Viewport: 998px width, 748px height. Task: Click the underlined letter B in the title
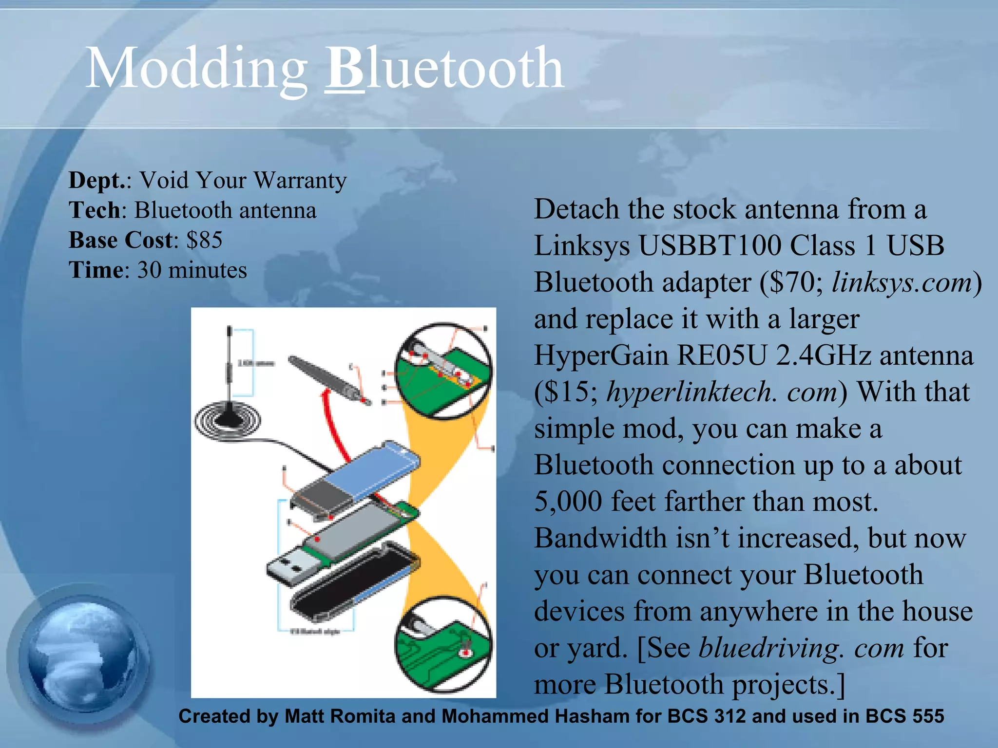click(x=344, y=68)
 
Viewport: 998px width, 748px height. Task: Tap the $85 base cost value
click(x=204, y=240)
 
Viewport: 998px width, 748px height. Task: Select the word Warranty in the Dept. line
click(x=300, y=180)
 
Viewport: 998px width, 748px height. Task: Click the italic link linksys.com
click(x=902, y=282)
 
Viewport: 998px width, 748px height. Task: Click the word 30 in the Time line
click(x=149, y=270)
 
